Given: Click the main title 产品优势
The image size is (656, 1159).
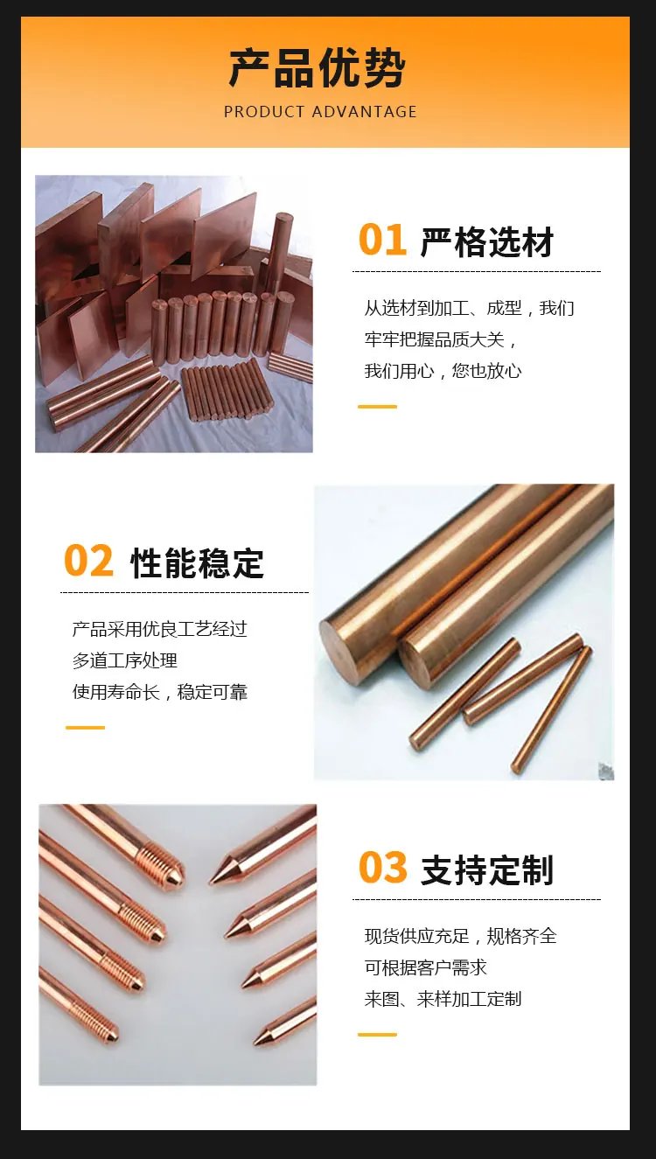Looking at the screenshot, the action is (x=318, y=68).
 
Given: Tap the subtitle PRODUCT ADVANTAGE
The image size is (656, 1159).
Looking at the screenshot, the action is (x=320, y=112).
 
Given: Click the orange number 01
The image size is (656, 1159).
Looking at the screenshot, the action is (x=382, y=240).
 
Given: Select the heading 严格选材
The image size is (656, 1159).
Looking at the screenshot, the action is (x=487, y=241).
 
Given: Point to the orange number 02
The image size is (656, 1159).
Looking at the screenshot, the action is (x=88, y=561).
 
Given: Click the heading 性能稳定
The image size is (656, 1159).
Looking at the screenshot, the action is (x=197, y=563).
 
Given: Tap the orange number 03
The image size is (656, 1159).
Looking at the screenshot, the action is (x=383, y=867).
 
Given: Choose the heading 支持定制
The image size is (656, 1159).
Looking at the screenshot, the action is (x=487, y=870).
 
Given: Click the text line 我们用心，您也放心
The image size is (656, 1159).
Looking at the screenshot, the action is (x=443, y=371).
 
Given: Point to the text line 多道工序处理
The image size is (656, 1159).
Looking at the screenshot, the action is (x=125, y=660).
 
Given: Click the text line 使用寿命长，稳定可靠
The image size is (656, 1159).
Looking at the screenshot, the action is (x=160, y=692).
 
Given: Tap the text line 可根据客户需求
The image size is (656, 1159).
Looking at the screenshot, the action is (x=426, y=967).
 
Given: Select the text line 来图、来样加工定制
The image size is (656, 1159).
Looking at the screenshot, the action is (x=443, y=999).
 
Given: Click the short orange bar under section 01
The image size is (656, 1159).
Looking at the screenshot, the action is (x=377, y=407).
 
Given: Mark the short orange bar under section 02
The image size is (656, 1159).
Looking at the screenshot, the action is (x=86, y=728).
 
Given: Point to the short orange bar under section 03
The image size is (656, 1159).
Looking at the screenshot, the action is (x=377, y=1035).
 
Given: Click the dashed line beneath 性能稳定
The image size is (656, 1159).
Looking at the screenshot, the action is (x=185, y=592).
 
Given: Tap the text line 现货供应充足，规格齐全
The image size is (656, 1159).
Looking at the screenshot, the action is (x=460, y=936).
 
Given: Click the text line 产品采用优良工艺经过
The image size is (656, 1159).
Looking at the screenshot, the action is (x=160, y=629).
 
